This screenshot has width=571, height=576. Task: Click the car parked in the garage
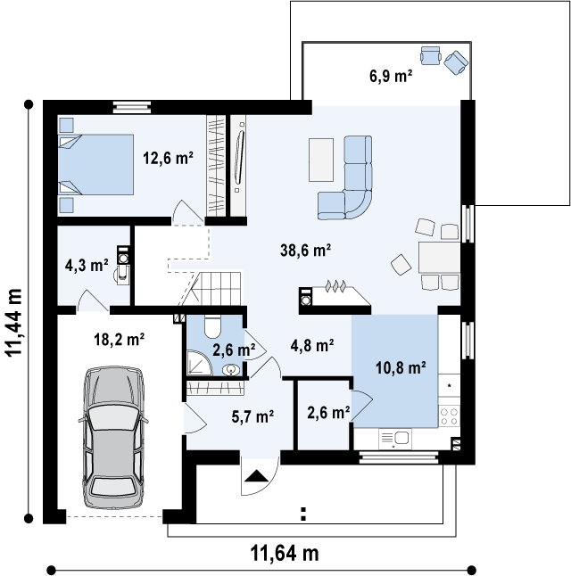[113, 437]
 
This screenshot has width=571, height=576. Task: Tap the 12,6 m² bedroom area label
[168, 159]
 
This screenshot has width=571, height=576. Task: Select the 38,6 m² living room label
[305, 251]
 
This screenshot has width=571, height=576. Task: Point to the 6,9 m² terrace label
[391, 76]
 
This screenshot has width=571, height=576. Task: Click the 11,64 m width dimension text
[285, 553]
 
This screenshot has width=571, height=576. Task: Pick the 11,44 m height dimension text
[13, 323]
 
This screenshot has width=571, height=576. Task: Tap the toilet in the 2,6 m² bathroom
[211, 326]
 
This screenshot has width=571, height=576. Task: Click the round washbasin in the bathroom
[231, 369]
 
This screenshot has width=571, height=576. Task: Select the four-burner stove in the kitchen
[450, 416]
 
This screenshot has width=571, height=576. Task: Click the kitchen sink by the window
[395, 439]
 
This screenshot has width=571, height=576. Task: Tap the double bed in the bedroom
[95, 164]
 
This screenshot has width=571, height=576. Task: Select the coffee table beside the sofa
[321, 160]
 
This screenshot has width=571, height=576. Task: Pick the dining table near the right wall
[439, 257]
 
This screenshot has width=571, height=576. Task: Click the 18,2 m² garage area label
[119, 339]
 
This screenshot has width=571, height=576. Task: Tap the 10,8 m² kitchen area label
[401, 367]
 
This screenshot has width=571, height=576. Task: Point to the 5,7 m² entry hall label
[252, 416]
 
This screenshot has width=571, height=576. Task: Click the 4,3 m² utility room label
[87, 265]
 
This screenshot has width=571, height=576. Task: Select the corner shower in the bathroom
[199, 363]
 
